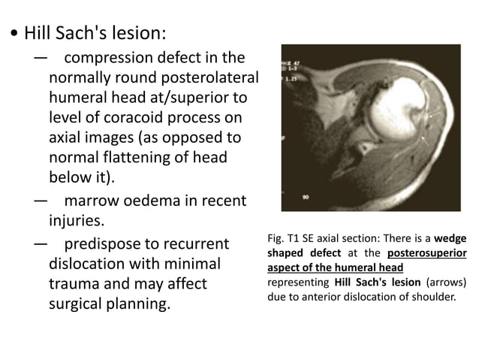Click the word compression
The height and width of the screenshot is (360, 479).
click(x=110, y=57)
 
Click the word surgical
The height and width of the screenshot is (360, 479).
click(x=80, y=306)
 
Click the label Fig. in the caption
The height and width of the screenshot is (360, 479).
click(x=276, y=239)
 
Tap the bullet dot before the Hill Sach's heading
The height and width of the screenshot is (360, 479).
click(x=13, y=35)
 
